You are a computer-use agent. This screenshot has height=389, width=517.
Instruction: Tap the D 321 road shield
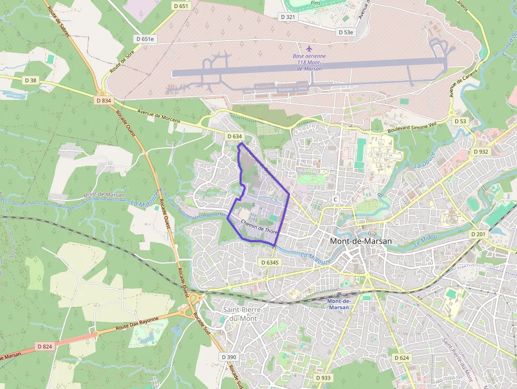288,17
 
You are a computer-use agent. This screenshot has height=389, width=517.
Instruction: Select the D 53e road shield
346,32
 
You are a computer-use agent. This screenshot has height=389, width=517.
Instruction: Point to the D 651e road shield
145,39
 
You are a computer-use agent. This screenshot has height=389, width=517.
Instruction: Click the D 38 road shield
31,80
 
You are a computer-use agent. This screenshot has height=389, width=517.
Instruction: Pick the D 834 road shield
104,100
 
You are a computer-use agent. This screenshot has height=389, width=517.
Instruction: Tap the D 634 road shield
234,136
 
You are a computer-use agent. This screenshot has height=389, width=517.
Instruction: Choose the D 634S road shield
269,262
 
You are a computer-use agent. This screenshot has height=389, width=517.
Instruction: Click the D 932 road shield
481,151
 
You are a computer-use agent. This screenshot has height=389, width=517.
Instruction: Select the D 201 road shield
477,234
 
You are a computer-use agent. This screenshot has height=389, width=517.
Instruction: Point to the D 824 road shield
45,346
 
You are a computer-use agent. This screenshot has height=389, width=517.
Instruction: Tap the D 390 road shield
229,357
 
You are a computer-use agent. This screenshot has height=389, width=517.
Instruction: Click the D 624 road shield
401,358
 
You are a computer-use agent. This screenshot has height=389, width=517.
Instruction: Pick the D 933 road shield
323,378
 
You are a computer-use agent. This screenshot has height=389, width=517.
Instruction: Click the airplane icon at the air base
309,49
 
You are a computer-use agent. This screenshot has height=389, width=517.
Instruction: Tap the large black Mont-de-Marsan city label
361,241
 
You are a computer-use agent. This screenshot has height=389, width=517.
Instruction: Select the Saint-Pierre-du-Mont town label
243,314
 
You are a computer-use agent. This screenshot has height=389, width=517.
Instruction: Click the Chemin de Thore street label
258,227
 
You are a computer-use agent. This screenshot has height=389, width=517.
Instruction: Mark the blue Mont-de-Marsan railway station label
338,304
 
